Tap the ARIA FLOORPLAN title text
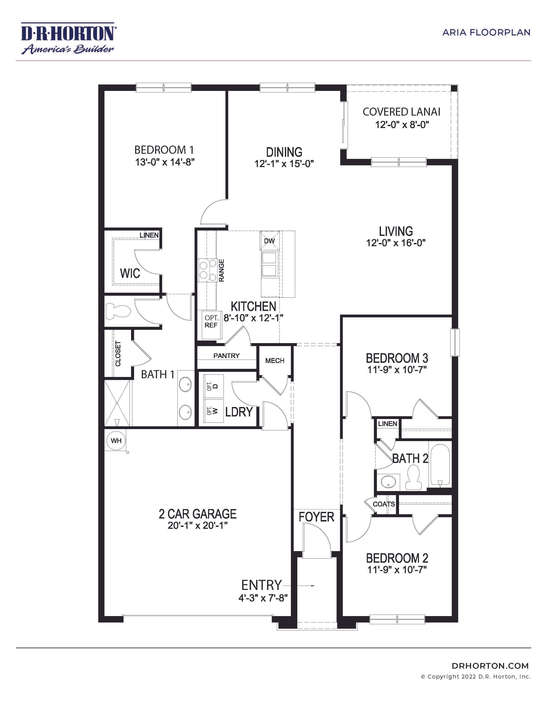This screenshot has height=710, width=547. click(x=486, y=33)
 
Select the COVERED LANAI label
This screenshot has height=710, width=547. click(x=401, y=112)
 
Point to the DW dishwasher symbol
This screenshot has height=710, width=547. click(x=269, y=241)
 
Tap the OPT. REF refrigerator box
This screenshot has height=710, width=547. click(x=211, y=321)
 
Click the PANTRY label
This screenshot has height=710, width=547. click(x=226, y=356)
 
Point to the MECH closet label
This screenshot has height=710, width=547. click(x=275, y=360)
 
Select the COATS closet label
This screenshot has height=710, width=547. click(x=384, y=504)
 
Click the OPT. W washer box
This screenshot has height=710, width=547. click(x=213, y=411)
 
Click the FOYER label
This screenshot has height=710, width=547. click(x=316, y=517)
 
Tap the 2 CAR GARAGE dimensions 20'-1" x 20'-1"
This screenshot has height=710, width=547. click(x=197, y=525)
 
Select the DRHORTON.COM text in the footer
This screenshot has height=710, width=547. click(x=490, y=666)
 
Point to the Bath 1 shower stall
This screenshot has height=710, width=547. click(x=117, y=403)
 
